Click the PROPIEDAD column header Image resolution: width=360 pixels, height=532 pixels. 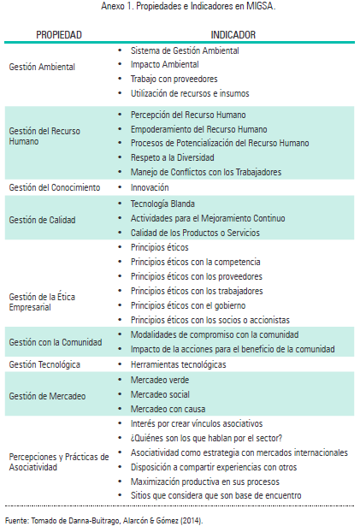point(58,35)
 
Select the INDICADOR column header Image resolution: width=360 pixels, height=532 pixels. point(233,35)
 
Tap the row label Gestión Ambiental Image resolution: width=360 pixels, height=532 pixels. point(42,65)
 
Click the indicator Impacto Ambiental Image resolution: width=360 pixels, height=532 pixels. point(164,64)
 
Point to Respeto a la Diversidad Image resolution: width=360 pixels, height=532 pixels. point(178,157)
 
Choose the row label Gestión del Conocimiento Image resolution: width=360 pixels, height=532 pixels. point(55,186)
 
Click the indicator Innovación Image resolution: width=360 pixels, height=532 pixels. point(150,186)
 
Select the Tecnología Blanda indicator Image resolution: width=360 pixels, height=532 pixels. point(162,204)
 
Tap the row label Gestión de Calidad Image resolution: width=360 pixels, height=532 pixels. point(43,219)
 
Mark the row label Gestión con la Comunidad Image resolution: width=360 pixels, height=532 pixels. point(56,341)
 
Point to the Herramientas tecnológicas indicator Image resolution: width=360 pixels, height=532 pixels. point(178,364)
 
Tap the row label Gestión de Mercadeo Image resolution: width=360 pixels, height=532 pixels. point(47,394)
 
